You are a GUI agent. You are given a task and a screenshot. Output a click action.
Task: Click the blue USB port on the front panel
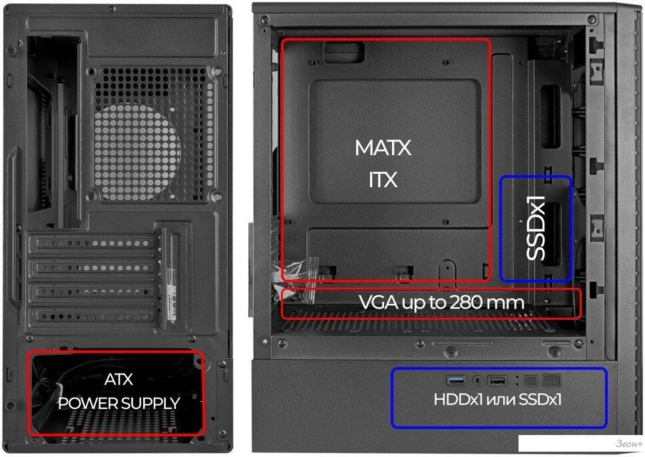click(x=456, y=380)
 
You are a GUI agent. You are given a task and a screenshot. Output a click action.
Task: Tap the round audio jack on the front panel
click(x=477, y=380)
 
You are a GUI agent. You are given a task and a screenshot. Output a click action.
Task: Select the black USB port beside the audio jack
click(x=497, y=380)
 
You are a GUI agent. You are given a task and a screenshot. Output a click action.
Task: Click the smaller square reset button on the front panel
click(x=531, y=380)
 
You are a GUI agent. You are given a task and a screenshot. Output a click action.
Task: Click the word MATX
click(x=383, y=148)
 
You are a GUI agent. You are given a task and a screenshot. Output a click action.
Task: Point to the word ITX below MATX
click(x=383, y=180)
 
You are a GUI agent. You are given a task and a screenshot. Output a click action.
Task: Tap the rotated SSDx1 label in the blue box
click(x=536, y=228)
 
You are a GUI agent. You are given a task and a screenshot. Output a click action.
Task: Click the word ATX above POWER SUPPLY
click(x=119, y=379)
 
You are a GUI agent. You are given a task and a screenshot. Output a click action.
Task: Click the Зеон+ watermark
click(x=629, y=444)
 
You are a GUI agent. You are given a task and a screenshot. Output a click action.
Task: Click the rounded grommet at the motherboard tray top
click(x=344, y=52)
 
